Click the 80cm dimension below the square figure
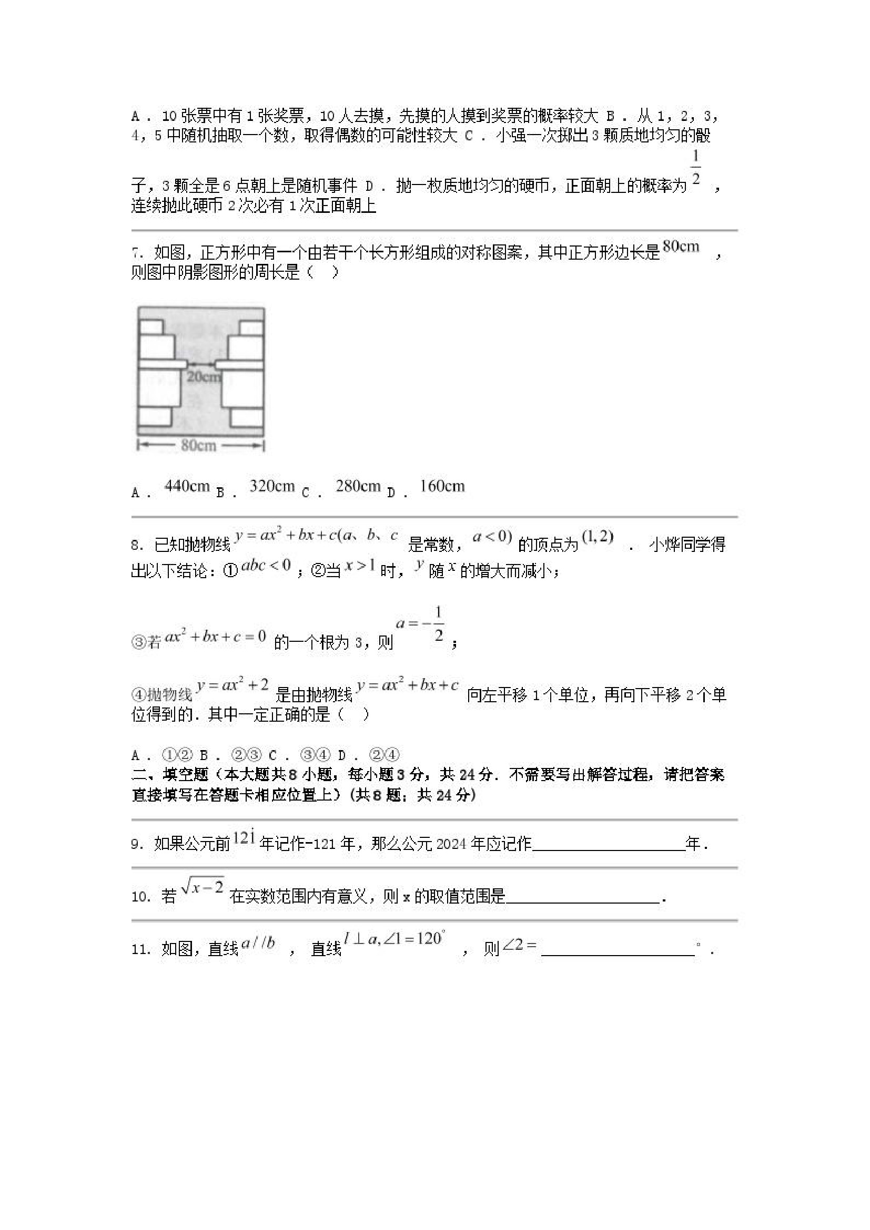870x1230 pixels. pos(198,445)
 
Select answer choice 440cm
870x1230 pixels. pos(187,486)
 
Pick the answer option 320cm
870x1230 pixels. pos(272,486)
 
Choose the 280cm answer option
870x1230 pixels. pos(358,486)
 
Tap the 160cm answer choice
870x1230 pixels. pos(442,486)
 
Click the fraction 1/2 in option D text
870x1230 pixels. pos(695,168)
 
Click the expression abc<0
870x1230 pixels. pos(266,565)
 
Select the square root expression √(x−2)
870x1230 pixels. pos(202,888)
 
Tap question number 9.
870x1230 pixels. pos(137,845)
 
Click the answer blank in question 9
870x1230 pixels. pos(609,845)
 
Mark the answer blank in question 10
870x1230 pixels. pos(582,897)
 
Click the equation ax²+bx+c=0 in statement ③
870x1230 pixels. pos(216,637)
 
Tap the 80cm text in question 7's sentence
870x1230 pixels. pos(681,247)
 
